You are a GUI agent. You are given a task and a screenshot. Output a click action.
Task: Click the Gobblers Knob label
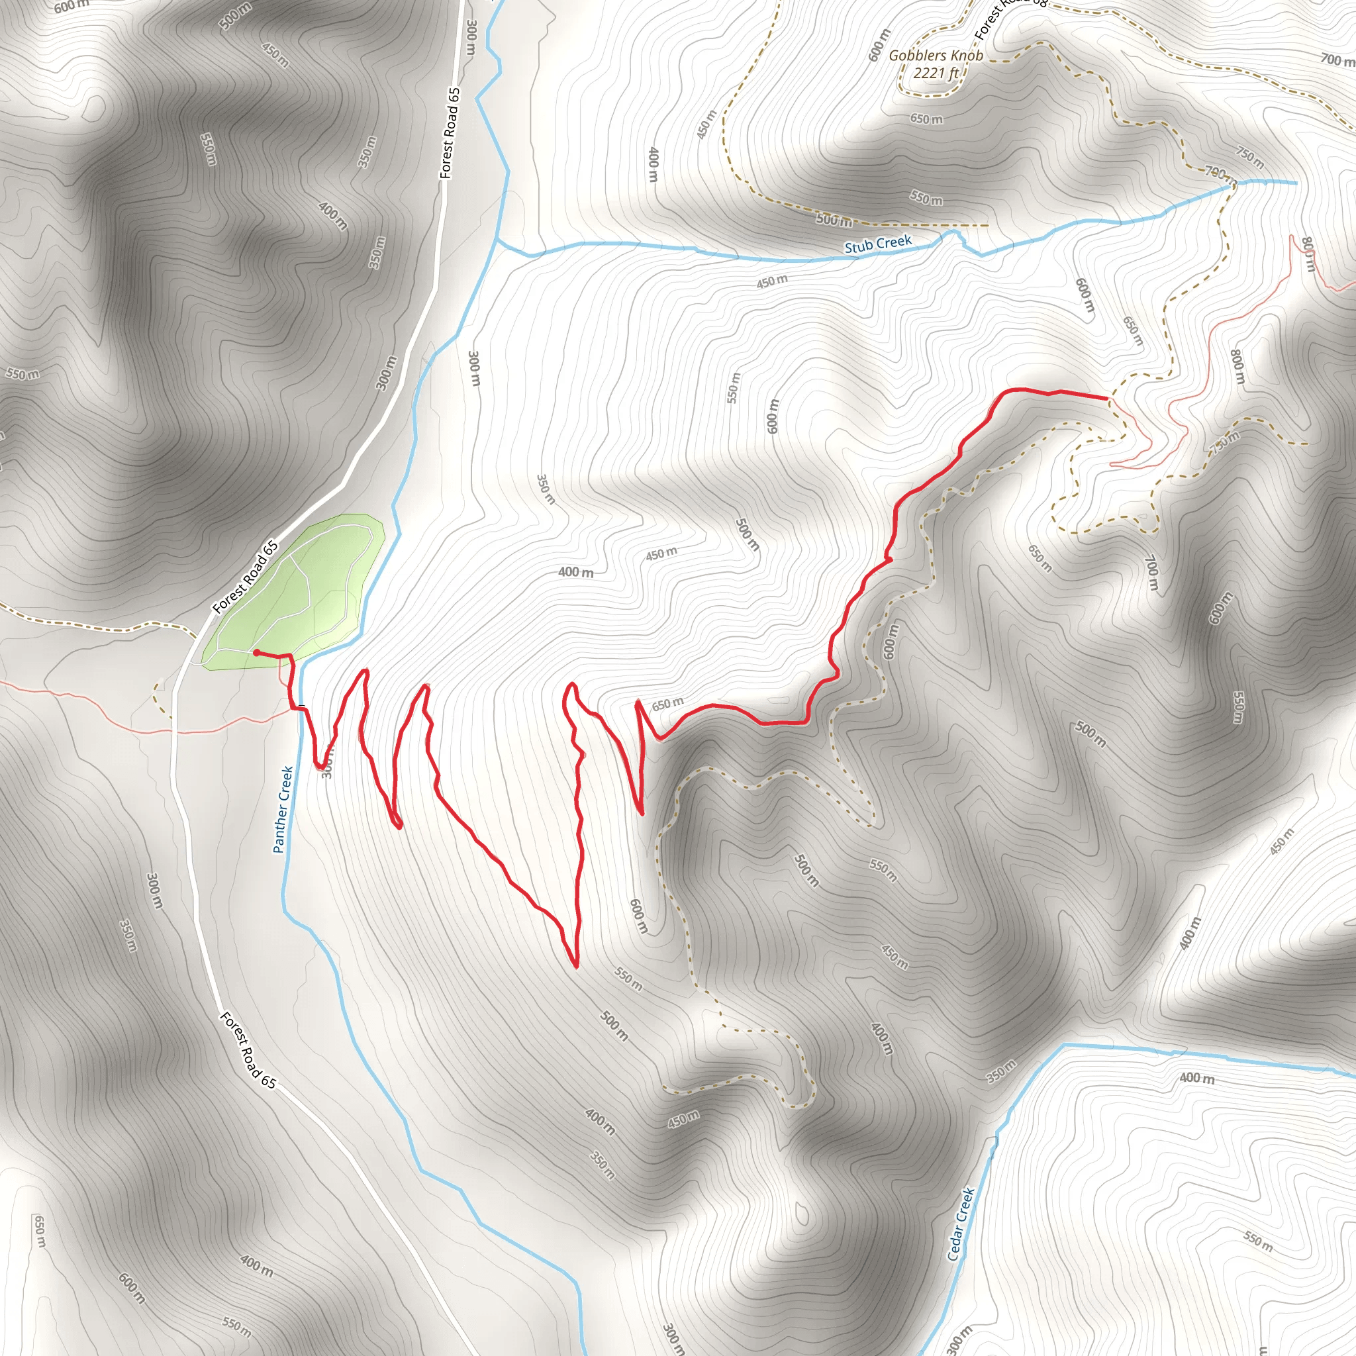(x=936, y=56)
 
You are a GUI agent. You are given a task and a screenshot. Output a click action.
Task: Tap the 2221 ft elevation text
(x=936, y=72)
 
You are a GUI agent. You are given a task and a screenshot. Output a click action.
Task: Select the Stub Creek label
(x=877, y=244)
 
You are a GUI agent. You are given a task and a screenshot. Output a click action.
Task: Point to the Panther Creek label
(x=283, y=809)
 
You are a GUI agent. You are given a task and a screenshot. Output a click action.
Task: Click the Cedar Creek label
(x=960, y=1224)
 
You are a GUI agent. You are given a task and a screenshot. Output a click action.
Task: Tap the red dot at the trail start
(x=256, y=653)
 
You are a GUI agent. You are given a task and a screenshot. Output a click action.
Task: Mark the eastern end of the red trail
(x=1107, y=398)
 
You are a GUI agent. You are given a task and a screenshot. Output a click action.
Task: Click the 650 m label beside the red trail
(x=667, y=703)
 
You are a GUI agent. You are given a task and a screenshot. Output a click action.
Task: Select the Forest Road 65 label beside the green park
(x=245, y=577)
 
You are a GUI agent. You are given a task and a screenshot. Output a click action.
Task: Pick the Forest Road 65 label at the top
(x=450, y=132)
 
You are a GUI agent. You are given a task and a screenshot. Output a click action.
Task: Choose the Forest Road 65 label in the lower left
(x=248, y=1049)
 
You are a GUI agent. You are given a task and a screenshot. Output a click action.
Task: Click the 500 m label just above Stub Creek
(x=834, y=220)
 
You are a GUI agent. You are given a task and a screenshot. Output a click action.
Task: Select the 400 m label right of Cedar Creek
(x=1196, y=1078)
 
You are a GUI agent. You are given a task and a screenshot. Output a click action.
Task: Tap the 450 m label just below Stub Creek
(x=771, y=281)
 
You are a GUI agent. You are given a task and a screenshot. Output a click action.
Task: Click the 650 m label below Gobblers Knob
(x=926, y=119)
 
